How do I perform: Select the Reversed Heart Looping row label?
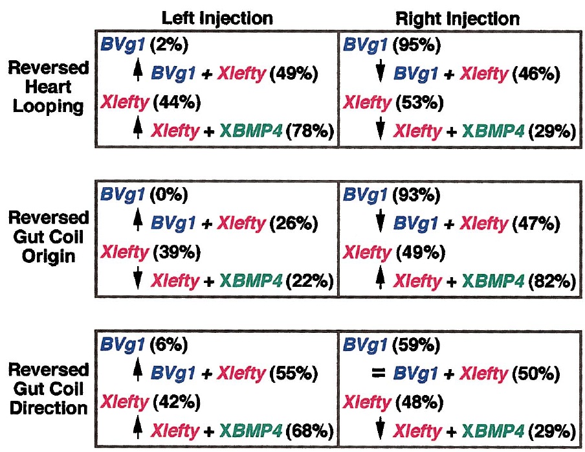coord(49,87)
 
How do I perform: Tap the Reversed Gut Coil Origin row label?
coord(49,237)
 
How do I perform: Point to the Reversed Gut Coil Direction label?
coord(49,389)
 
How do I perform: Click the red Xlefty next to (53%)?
coord(367,102)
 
